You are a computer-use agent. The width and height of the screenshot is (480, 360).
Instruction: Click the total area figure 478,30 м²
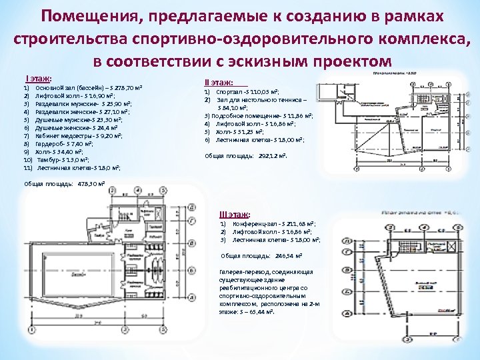pyautogui.click(x=91, y=183)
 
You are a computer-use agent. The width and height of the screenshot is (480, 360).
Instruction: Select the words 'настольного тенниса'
pyautogui.click(x=274, y=99)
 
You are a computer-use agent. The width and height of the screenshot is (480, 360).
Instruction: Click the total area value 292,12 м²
pyautogui.click(x=270, y=155)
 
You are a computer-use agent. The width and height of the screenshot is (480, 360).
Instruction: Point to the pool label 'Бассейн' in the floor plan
pyautogui.click(x=61, y=273)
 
